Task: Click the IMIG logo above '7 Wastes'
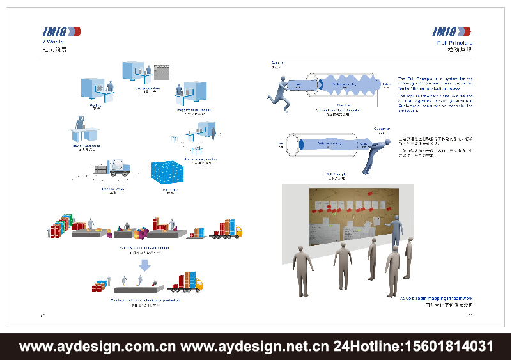click(x=61, y=31)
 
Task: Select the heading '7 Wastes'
click(x=54, y=42)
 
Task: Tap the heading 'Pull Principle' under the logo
click(x=454, y=42)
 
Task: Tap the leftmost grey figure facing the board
click(x=301, y=269)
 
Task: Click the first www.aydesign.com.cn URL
click(x=98, y=347)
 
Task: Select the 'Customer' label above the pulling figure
click(x=382, y=129)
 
